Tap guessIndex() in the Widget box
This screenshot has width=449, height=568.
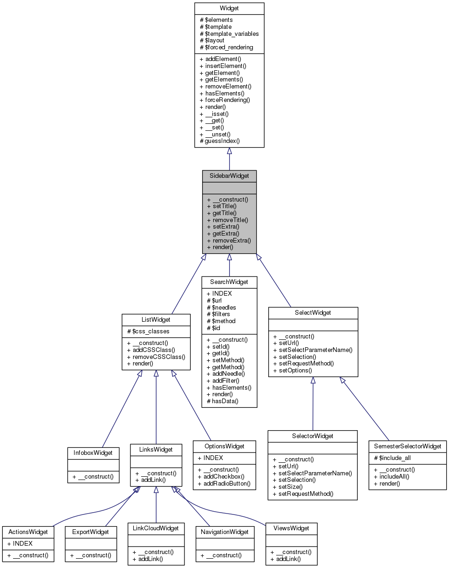(222, 141)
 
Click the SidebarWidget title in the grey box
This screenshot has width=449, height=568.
(229, 176)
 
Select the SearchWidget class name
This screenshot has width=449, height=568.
(229, 282)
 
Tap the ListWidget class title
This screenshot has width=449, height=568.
(156, 319)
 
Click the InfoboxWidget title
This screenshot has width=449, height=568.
(93, 452)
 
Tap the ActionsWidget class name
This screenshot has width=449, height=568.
(28, 532)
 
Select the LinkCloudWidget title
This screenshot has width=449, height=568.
(156, 528)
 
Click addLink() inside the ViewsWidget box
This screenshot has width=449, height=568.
(287, 559)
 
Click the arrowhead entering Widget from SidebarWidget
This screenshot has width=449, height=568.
(229, 152)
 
